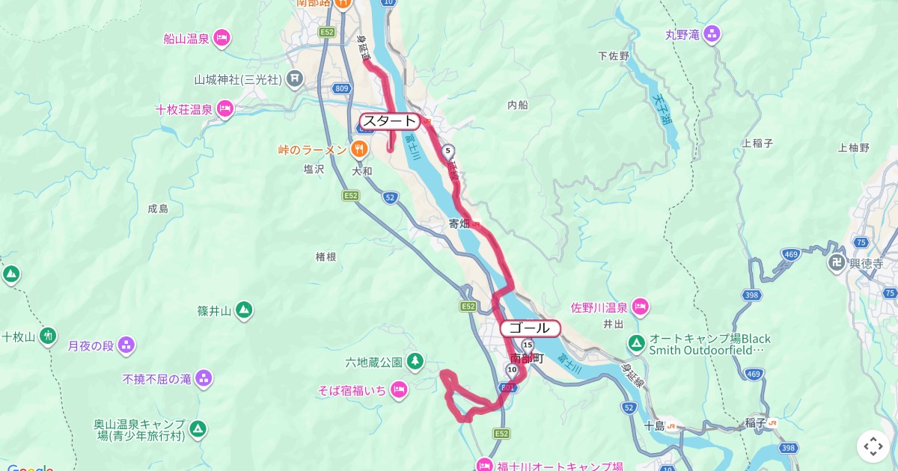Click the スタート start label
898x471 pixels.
(x=389, y=121)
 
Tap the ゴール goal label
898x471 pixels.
(x=530, y=328)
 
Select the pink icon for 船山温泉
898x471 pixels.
(x=221, y=38)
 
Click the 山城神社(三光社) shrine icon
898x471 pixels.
(x=296, y=78)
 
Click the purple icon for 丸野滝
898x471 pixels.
(x=712, y=34)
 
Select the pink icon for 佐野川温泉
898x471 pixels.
(x=639, y=307)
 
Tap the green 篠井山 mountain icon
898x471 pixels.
(x=243, y=310)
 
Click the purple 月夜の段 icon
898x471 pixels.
(x=126, y=345)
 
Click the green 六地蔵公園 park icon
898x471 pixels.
(x=415, y=363)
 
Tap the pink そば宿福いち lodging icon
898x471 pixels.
(x=399, y=390)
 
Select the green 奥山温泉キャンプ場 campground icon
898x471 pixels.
(x=198, y=429)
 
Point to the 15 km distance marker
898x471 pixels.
(x=528, y=345)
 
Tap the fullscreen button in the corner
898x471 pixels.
(x=873, y=446)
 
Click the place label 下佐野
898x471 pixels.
(x=613, y=56)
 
